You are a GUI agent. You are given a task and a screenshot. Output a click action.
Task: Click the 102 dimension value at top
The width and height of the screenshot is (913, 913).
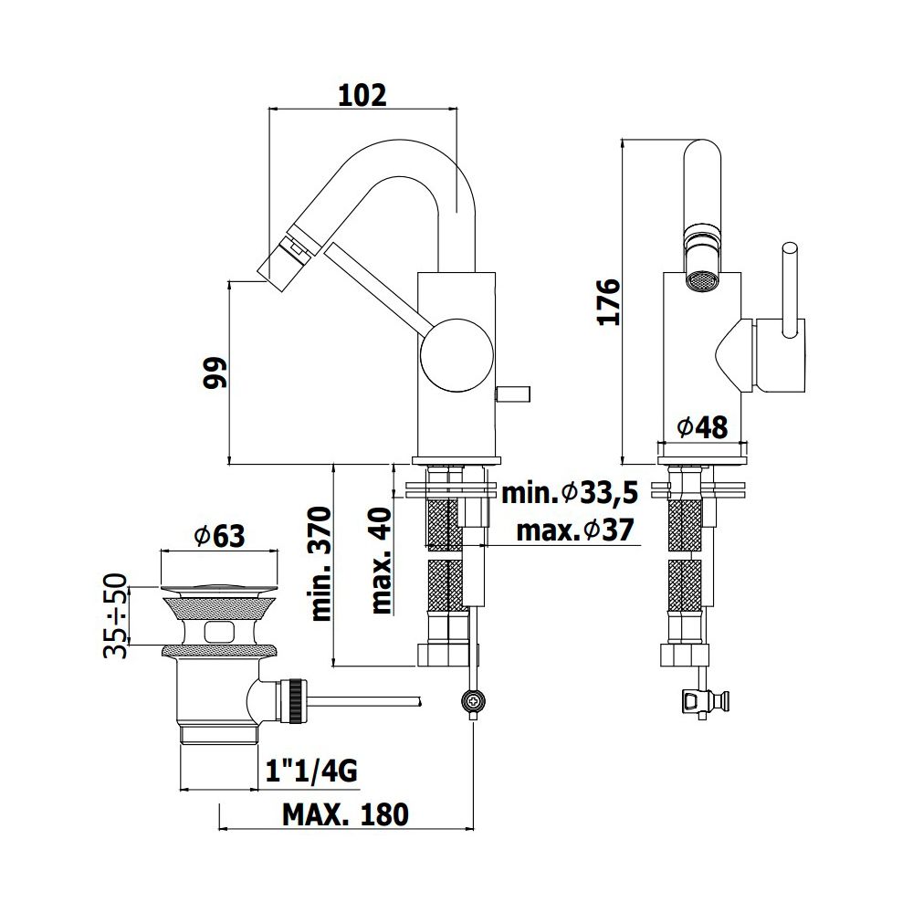(362, 96)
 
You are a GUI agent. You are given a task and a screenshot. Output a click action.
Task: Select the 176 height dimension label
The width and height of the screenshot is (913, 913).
(610, 302)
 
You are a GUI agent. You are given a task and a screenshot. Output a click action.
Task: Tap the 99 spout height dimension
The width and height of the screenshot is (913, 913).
(215, 373)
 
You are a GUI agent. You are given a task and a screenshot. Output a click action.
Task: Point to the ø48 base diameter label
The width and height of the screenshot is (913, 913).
(703, 428)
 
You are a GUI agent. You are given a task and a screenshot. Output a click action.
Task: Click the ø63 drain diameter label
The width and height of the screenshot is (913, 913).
(219, 536)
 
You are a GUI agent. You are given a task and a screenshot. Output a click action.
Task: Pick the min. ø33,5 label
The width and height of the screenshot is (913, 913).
(570, 493)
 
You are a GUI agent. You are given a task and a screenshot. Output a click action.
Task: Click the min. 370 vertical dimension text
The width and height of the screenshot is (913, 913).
(321, 563)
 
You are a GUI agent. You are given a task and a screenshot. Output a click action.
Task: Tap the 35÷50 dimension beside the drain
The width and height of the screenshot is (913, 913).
(115, 615)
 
